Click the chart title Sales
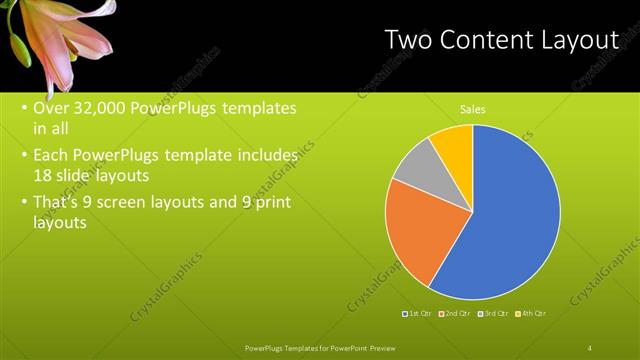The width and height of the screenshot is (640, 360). pyautogui.click(x=473, y=109)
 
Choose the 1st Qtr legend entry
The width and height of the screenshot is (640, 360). pyautogui.click(x=417, y=314)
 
